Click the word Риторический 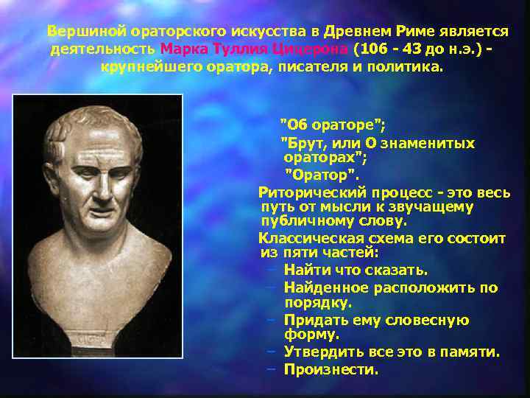pyautogui.click(x=308, y=192)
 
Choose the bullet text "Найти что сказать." pyautogui.click(x=355, y=270)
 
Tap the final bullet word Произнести pyautogui.click(x=331, y=369)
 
